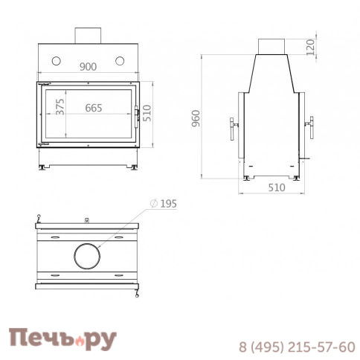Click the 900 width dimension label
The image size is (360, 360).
point(88,67)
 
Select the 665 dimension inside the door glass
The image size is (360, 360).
point(94,108)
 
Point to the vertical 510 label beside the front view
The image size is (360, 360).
point(147,112)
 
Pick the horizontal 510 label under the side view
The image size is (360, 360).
point(276,187)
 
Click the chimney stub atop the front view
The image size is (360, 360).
point(88,35)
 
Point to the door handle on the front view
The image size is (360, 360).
point(136,114)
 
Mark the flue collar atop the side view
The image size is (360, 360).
point(272,45)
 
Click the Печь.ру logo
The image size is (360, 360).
point(62,339)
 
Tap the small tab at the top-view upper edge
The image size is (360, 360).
point(88,220)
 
